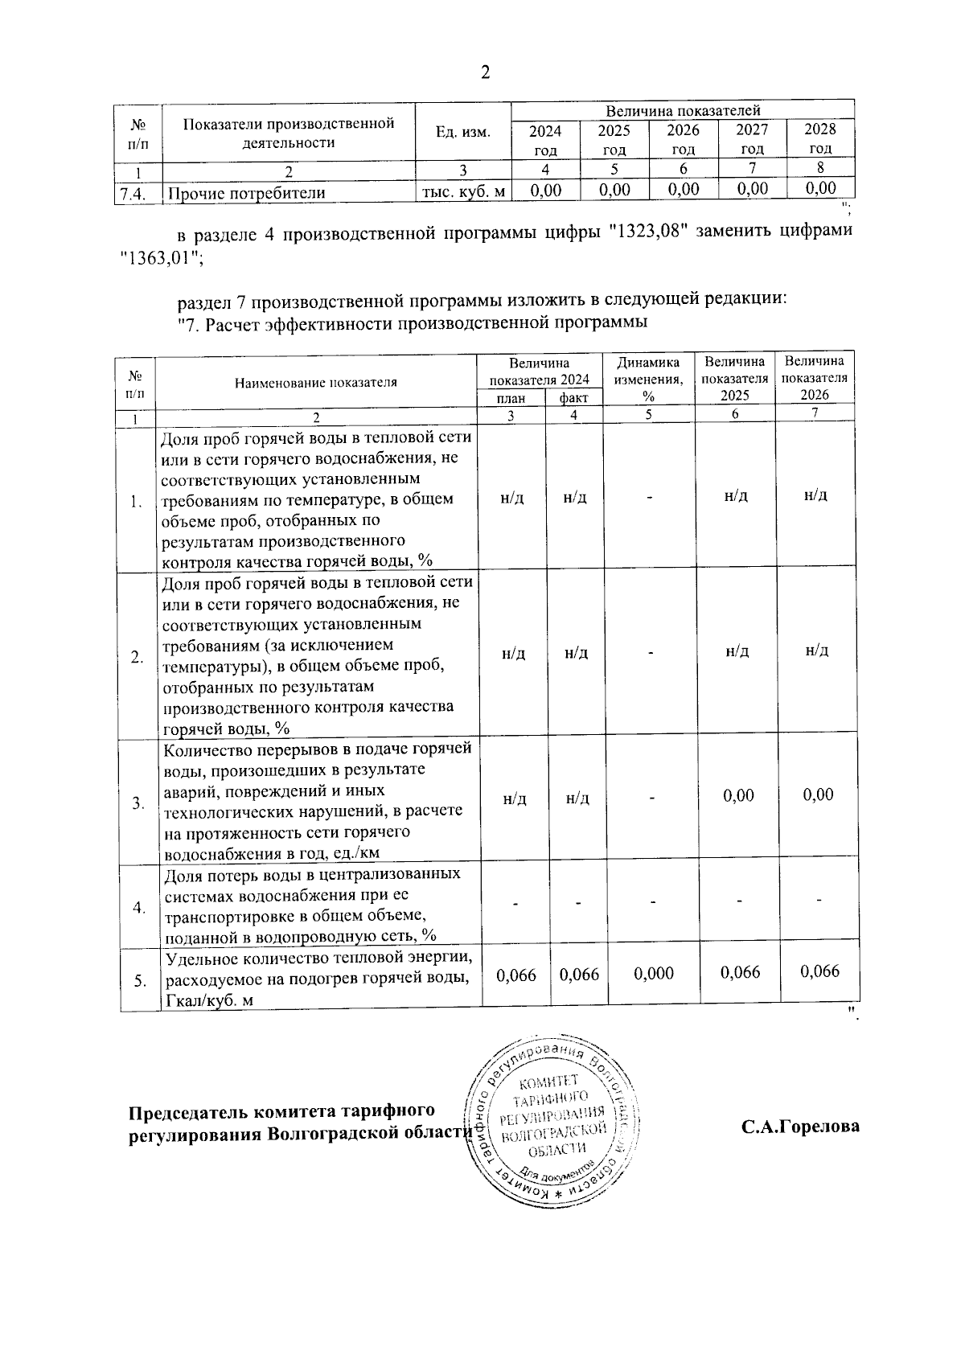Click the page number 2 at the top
click(485, 73)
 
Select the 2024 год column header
click(545, 139)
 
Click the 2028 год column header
click(820, 139)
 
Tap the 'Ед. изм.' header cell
click(462, 133)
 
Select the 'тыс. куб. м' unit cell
click(464, 191)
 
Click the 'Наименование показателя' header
click(316, 383)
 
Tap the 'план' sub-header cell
click(511, 398)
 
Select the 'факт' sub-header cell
click(574, 398)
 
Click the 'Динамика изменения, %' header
click(648, 379)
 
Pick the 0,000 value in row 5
click(654, 974)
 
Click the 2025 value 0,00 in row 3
click(738, 795)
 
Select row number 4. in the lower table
click(139, 907)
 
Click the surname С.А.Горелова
click(800, 1127)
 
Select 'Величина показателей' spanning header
click(683, 110)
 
